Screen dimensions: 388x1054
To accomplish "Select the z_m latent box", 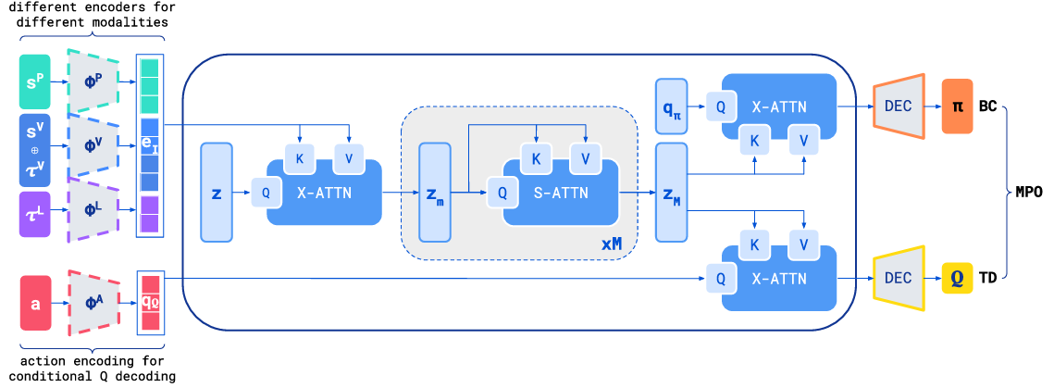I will tap(434, 193).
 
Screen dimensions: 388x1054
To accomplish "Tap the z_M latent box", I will tap(671, 193).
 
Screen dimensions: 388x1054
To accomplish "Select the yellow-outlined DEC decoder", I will tap(899, 277).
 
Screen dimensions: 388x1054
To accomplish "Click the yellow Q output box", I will tap(956, 277).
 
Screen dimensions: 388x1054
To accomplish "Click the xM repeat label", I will tap(612, 244).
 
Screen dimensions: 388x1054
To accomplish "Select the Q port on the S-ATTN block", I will tap(502, 193).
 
